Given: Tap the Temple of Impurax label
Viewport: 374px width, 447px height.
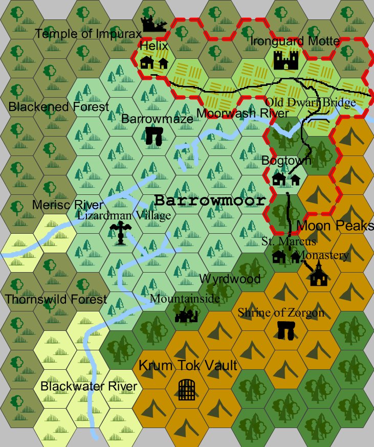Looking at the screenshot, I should coord(88,34).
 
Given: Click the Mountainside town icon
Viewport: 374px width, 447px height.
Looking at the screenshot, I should coord(186,316).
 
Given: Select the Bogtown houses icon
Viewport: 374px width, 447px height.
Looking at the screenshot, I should coord(286,180).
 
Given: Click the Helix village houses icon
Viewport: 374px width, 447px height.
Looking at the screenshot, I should coord(154,63).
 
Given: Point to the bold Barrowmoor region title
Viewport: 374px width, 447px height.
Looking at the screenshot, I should coord(210,200).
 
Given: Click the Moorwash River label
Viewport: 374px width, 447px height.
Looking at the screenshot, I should coord(243,113).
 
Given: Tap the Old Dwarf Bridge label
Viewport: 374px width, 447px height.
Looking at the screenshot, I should coord(311,103).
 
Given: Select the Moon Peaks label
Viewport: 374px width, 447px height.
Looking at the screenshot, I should coord(335,226).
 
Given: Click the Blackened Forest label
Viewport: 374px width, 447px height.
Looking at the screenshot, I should coord(59,107).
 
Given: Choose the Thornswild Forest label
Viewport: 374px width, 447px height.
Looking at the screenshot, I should coord(56,299).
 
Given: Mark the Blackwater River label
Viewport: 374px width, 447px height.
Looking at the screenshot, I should coord(89,386).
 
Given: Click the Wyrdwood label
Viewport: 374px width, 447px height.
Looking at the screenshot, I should coord(230,279).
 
